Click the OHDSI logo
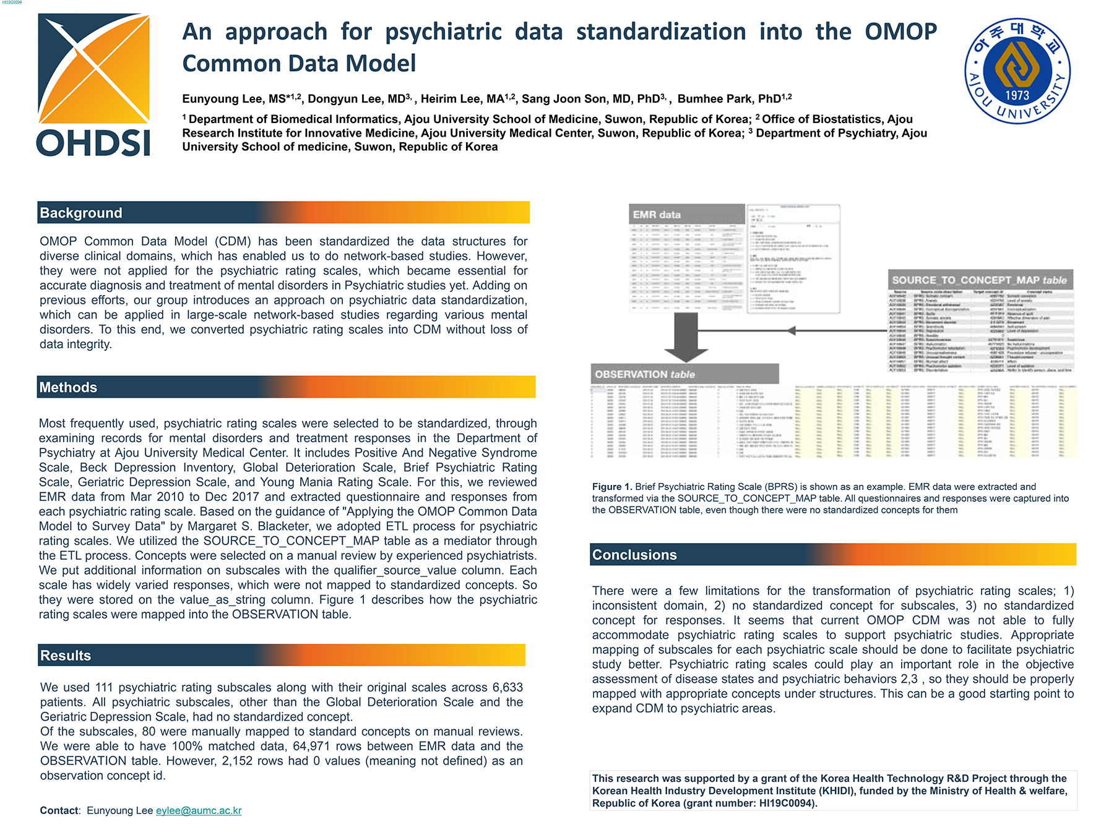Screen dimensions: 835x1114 (93, 85)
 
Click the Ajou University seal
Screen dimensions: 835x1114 (1017, 71)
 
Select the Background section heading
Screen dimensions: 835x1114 (81, 213)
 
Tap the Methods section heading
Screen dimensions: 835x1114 (68, 387)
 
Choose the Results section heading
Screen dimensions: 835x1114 (66, 656)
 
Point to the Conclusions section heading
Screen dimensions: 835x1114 (634, 555)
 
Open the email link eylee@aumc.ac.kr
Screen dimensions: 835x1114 (199, 810)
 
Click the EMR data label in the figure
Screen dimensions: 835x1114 (657, 215)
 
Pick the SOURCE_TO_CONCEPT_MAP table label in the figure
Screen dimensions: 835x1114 (979, 280)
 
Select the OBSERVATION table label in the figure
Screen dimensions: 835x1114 (644, 374)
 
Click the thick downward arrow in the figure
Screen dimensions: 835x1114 (686, 336)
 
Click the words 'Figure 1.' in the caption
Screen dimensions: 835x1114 (611, 487)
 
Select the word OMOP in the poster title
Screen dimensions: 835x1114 (900, 32)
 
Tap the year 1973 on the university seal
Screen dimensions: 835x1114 (1017, 95)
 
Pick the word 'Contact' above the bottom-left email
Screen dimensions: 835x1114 (59, 810)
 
